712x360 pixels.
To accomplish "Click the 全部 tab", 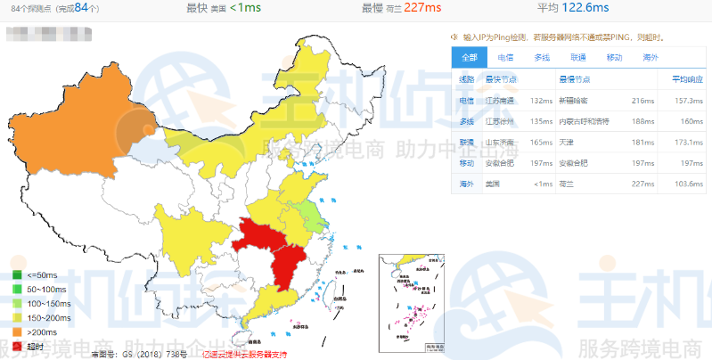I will point(470,58).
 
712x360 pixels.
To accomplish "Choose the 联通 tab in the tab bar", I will point(577,58).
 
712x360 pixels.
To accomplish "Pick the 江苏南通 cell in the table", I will point(501,101).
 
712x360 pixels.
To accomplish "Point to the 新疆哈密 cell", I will point(575,101).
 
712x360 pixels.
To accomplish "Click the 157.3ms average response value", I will point(686,101).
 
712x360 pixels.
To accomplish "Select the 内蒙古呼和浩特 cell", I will point(584,121).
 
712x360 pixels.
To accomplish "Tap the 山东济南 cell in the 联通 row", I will point(501,142).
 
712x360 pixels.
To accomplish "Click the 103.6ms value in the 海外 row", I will point(686,184).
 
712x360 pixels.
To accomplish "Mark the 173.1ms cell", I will point(686,142).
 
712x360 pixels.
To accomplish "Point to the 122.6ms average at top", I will point(585,8).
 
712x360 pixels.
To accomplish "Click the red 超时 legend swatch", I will point(17,347).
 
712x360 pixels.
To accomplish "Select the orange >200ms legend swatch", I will point(17,332).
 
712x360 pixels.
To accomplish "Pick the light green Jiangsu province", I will point(309,215).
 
